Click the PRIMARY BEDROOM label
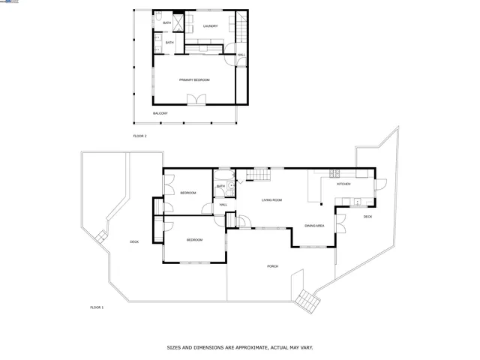[193, 79]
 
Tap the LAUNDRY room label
[210, 26]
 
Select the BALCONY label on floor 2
[160, 113]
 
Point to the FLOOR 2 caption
[139, 136]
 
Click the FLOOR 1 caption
[97, 307]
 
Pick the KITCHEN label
[343, 184]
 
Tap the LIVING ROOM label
[271, 200]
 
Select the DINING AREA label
[313, 226]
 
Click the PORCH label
[273, 266]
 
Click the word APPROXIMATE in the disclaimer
[244, 347]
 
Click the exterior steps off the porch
[306, 299]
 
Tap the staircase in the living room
[258, 175]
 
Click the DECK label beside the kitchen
[367, 217]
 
